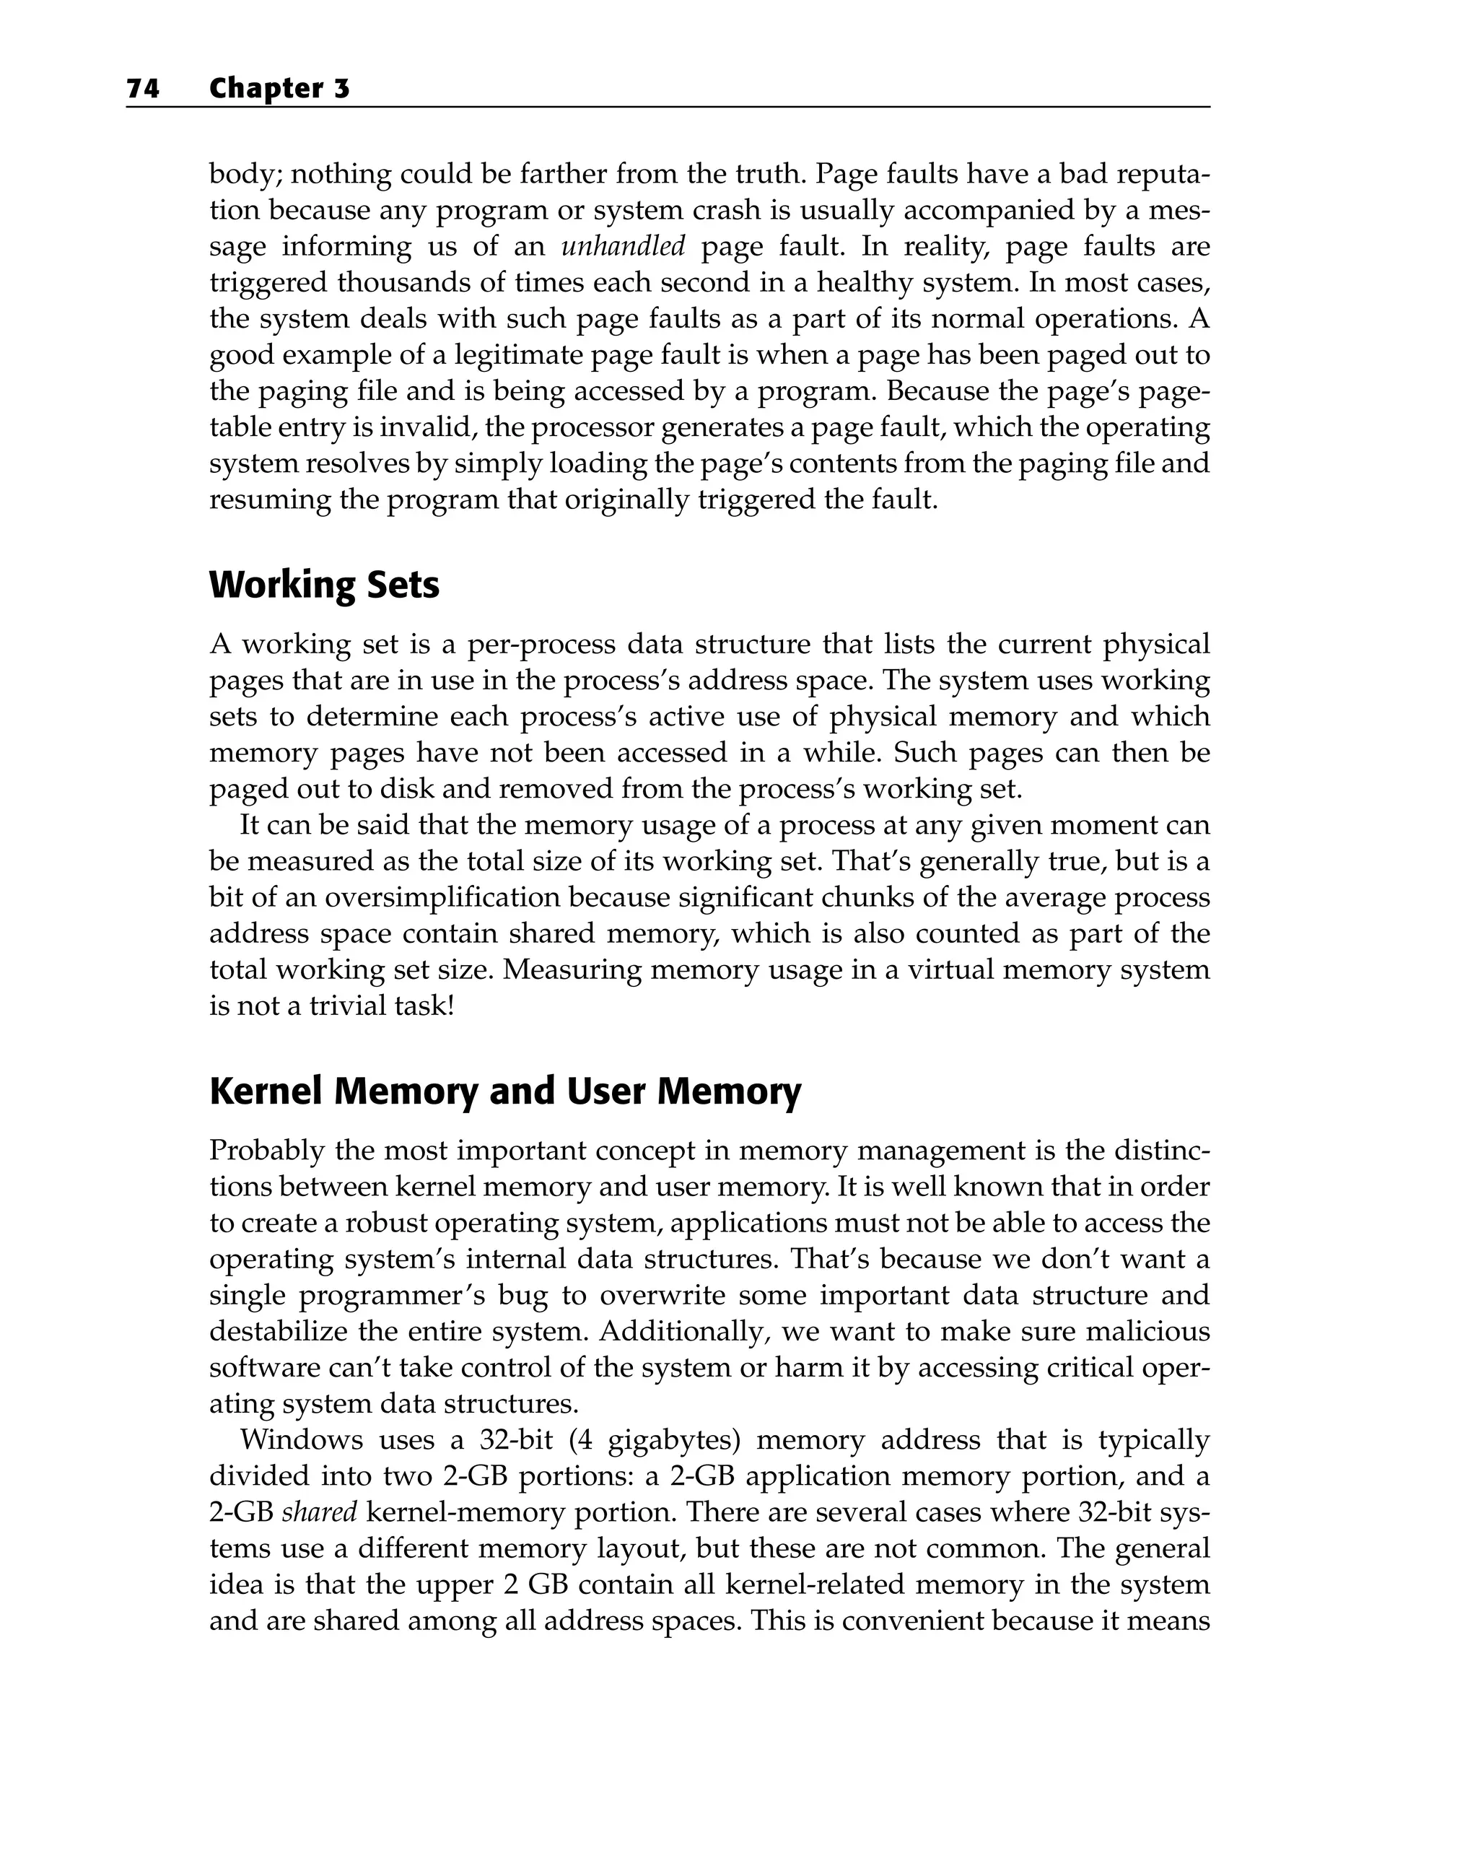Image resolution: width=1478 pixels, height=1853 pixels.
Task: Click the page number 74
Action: [143, 89]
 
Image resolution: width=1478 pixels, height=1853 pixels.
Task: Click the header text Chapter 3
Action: [279, 89]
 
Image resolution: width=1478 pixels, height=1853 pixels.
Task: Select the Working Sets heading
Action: [324, 585]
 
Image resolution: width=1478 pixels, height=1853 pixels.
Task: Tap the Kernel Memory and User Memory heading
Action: [504, 1091]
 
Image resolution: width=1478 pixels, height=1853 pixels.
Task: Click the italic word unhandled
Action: [623, 247]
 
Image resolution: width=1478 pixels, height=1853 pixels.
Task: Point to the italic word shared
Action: [320, 1512]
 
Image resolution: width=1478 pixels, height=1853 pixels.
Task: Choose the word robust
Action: [385, 1222]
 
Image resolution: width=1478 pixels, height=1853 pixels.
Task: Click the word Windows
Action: [302, 1439]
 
